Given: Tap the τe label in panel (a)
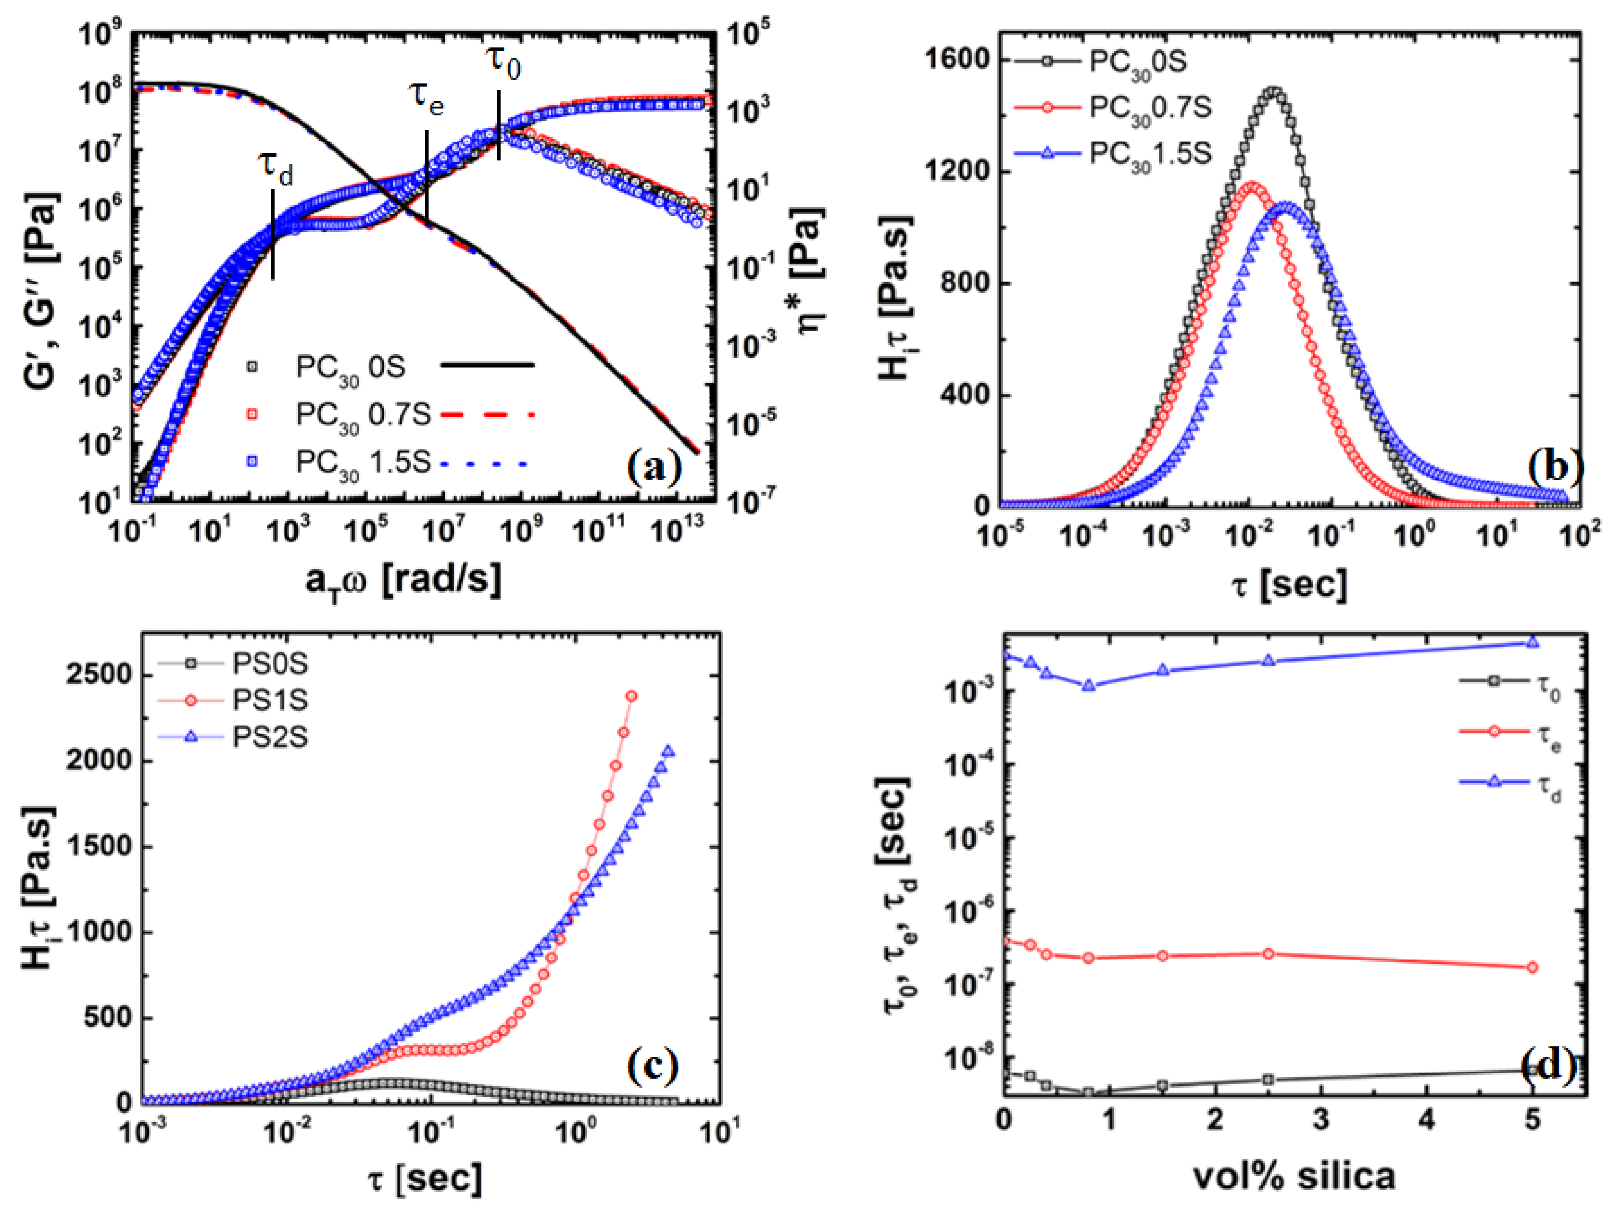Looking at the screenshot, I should click(426, 97).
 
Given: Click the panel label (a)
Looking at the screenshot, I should click(654, 468).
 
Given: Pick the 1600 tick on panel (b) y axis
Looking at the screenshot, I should click(958, 60).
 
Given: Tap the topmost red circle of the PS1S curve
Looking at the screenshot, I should click(631, 696).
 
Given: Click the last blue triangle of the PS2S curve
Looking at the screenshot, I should click(668, 751).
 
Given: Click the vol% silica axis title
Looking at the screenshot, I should click(1293, 1176).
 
